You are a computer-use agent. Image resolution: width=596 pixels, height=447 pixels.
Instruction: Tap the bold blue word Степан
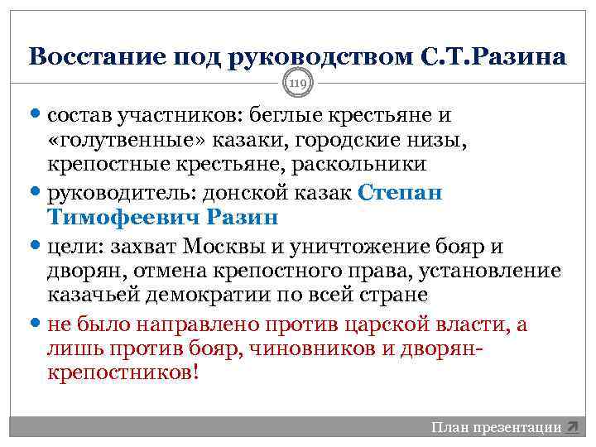click(401, 194)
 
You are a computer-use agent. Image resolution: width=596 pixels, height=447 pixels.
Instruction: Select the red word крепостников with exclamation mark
click(124, 373)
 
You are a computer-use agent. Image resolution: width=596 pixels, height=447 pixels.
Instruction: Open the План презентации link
click(496, 427)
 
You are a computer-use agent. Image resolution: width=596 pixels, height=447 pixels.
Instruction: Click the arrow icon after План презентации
click(572, 427)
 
